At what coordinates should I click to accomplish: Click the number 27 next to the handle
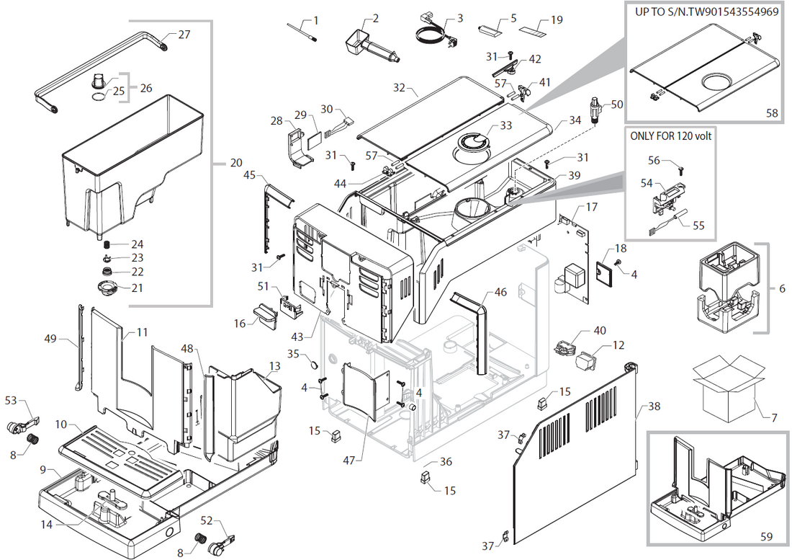pyautogui.click(x=184, y=34)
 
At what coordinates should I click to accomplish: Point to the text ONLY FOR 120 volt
pyautogui.click(x=670, y=135)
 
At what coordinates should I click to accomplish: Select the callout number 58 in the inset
pyautogui.click(x=770, y=114)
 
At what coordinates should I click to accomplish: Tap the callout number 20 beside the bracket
pyautogui.click(x=235, y=163)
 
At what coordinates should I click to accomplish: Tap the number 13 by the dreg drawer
pyautogui.click(x=274, y=366)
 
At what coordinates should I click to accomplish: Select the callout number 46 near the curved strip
pyautogui.click(x=500, y=293)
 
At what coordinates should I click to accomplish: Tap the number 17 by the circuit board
pyautogui.click(x=591, y=208)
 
